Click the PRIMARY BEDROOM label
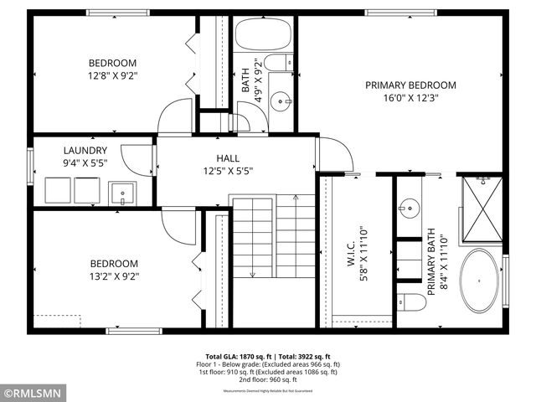coord(410,85)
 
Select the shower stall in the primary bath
coord(482,207)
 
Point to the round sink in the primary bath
coord(410,206)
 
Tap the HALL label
coord(228,158)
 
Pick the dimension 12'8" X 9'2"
coord(113,75)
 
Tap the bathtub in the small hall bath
coord(262,36)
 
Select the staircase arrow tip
coord(296,197)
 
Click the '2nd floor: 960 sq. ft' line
coord(267,380)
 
